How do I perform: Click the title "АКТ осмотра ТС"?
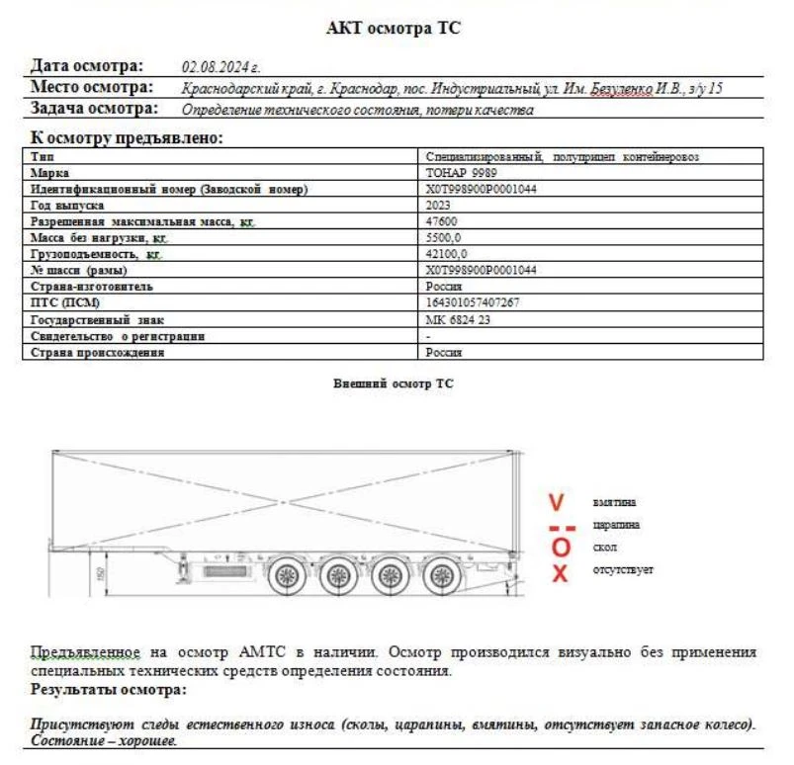coord(393,29)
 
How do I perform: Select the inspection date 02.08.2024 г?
coord(221,67)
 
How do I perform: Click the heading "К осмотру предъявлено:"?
coord(126,138)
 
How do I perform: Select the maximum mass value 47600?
coord(441,221)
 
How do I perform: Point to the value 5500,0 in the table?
coord(443,238)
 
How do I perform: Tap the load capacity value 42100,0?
coord(446,254)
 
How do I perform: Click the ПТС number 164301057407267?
coord(472,302)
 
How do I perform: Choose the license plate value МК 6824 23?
coord(457,319)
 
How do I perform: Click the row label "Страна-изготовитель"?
coord(91,287)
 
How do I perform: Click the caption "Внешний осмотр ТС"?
coord(394,382)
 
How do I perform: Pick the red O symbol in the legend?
coord(561,548)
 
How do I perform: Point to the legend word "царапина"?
coord(615,525)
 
